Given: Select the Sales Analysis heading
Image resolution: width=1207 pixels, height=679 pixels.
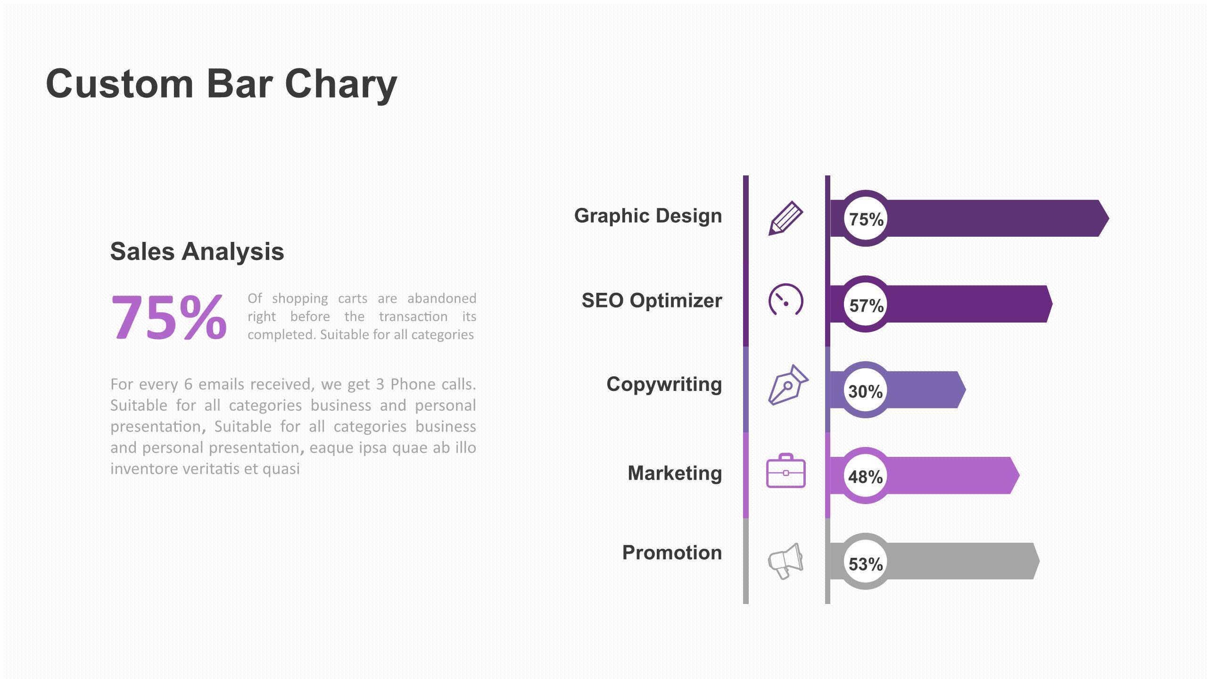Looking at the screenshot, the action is coord(197,251).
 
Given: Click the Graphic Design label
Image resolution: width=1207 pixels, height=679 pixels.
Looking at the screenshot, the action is coord(648,216).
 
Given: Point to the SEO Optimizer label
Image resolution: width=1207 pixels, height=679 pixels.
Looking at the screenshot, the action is coord(652,301).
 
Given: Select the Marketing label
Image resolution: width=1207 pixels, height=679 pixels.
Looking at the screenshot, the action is coord(675,473).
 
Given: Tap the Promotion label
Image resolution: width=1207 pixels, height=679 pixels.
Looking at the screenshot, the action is coord(672,553).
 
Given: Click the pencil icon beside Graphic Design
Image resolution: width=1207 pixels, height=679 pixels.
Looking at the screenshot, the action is coord(785,218).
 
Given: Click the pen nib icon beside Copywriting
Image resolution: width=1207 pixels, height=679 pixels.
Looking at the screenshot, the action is coord(788,385).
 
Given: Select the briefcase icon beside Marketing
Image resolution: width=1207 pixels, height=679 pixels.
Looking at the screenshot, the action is coord(786,471).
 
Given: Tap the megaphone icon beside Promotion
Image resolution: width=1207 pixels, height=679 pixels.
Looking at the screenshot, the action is coord(785,561).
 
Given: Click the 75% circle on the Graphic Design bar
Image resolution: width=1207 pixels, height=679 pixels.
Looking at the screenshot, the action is coord(866,218).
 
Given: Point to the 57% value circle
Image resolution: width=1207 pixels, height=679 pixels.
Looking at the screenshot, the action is coord(866,304).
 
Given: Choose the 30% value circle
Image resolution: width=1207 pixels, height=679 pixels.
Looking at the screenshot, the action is coord(866,390).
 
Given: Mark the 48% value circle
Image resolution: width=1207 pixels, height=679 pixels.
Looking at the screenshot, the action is coord(866,476).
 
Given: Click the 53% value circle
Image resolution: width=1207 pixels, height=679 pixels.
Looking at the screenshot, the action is coord(866,562).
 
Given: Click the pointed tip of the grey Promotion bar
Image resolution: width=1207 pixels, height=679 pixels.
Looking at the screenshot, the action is coord(1040,561).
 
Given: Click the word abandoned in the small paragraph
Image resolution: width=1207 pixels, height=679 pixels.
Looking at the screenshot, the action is coord(442,298).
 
